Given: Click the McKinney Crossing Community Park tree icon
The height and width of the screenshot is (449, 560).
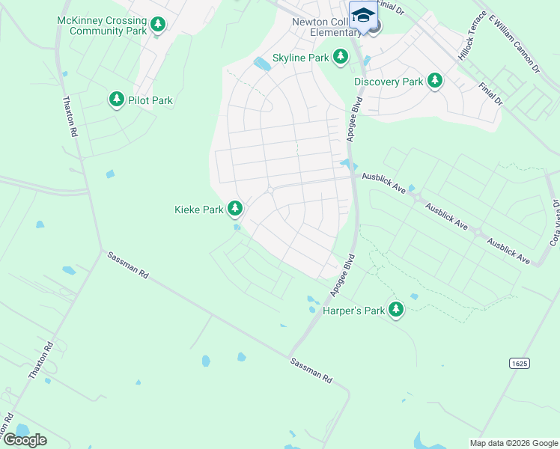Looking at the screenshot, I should click(157, 25).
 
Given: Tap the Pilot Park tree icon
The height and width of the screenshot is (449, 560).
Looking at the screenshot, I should click(116, 100).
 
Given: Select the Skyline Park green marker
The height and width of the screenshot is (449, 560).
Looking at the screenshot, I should click(341, 57).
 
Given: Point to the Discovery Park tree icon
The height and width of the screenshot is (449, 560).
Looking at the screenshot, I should click(435, 81).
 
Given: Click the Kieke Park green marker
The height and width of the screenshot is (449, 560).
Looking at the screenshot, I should click(235, 209).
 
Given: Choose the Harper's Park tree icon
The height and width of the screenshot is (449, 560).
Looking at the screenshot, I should click(395, 309).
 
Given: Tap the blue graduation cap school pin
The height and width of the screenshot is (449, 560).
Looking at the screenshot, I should click(363, 15).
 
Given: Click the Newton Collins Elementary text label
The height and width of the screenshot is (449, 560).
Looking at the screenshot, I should click(326, 27).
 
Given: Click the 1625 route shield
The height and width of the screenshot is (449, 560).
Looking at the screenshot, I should click(520, 363).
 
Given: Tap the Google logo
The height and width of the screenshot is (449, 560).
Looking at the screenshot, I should click(25, 439).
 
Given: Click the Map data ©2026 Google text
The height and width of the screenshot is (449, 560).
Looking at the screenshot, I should click(513, 443).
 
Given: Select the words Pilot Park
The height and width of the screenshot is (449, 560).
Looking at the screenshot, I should click(150, 100).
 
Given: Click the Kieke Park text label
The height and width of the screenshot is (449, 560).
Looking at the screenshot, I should click(199, 210).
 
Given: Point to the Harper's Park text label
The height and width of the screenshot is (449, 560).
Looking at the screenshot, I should click(353, 310).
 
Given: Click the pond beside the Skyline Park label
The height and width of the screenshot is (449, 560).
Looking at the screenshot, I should click(262, 64).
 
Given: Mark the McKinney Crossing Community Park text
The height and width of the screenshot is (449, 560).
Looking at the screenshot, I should click(101, 25).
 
